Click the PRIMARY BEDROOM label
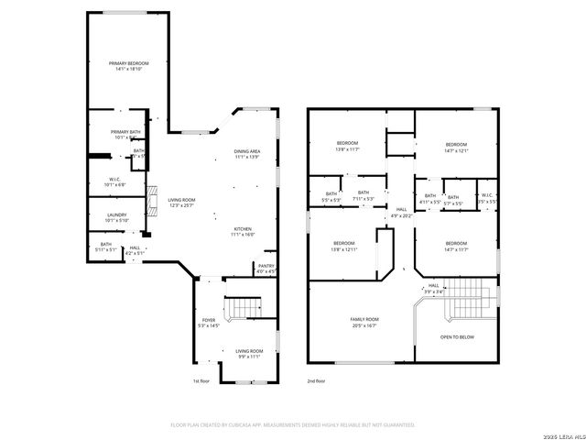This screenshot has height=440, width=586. (x=128, y=63)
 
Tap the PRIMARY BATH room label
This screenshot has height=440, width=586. (x=125, y=132)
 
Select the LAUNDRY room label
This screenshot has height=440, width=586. (x=116, y=214)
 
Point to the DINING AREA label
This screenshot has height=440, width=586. (x=247, y=151)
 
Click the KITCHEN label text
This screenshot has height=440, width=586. (x=243, y=228)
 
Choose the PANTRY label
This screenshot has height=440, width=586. (x=266, y=266)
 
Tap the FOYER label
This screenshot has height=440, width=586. (x=209, y=320)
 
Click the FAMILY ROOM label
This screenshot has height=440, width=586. (x=364, y=319)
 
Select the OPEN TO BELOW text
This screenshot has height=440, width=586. (x=457, y=336)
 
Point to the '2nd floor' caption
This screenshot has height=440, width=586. (x=317, y=380)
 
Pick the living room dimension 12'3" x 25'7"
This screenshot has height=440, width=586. (x=181, y=205)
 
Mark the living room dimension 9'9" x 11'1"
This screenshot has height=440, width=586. (x=249, y=357)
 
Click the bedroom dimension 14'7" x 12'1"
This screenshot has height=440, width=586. (x=456, y=150)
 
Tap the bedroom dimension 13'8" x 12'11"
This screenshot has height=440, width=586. (x=344, y=248)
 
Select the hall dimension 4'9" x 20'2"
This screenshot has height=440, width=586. (x=401, y=216)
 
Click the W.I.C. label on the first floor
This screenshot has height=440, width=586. (x=115, y=179)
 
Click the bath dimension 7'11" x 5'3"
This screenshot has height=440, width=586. (x=364, y=198)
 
